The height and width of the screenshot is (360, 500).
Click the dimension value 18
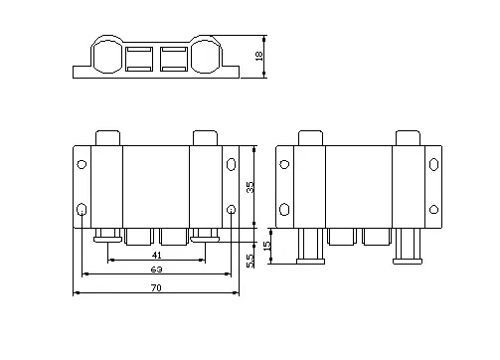pyautogui.click(x=260, y=58)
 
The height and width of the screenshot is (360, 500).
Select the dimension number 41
pyautogui.click(x=157, y=256)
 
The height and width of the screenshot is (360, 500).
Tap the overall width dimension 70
pyautogui.click(x=157, y=287)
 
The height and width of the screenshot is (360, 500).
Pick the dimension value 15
pyautogui.click(x=265, y=245)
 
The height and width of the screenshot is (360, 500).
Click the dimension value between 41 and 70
pyautogui.click(x=157, y=270)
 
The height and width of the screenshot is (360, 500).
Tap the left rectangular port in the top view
pyautogui.click(x=140, y=60)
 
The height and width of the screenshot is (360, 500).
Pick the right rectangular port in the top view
pyautogui.click(x=174, y=60)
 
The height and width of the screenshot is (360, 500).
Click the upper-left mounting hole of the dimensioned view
pyautogui.click(x=82, y=163)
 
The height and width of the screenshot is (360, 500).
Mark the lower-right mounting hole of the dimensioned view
pyautogui.click(x=232, y=210)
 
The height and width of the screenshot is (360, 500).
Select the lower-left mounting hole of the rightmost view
pyautogui.click(x=284, y=209)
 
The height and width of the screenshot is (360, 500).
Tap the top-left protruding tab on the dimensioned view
pyautogui.click(x=107, y=138)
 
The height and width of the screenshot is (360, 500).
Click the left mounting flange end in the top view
pyautogui.click(x=82, y=72)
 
